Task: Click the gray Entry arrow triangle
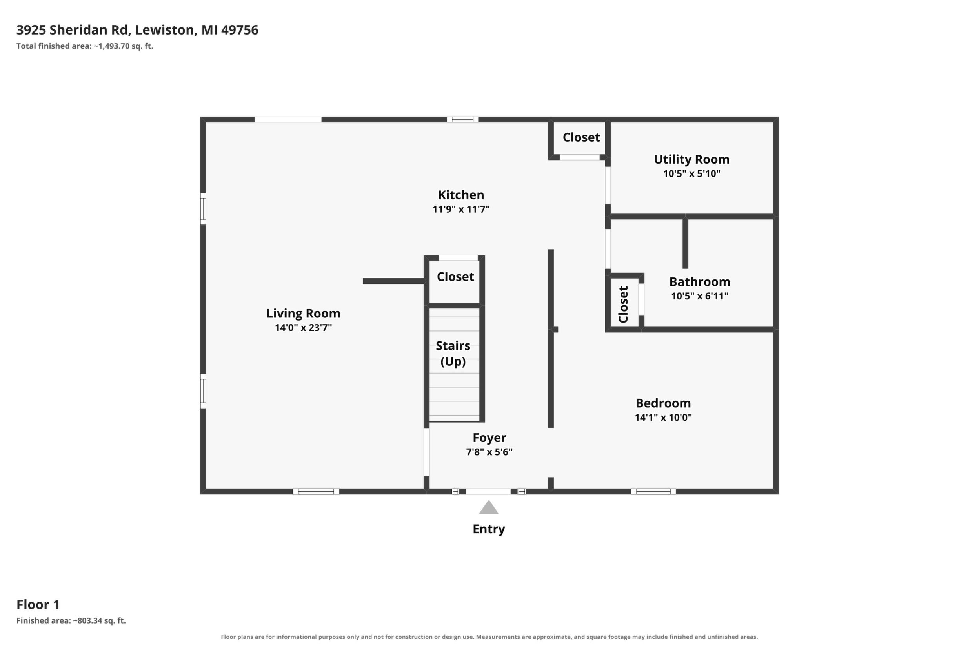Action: [489, 508]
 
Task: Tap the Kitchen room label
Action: [461, 195]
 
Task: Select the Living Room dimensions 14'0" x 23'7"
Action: [304, 328]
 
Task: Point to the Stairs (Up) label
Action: [453, 353]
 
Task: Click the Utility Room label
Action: [691, 159]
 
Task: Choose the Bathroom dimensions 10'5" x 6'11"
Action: [700, 296]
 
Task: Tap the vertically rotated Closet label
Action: [623, 305]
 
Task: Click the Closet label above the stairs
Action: [455, 277]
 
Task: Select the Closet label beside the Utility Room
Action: [581, 137]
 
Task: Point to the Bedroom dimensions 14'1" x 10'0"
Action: [663, 417]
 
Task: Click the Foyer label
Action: [489, 438]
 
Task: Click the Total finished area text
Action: [85, 46]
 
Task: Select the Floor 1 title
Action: [38, 604]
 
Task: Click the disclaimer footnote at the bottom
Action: [489, 637]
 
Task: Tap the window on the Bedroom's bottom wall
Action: [653, 491]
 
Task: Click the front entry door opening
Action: [488, 491]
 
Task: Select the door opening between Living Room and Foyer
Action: [426, 452]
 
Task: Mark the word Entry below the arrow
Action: [489, 529]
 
